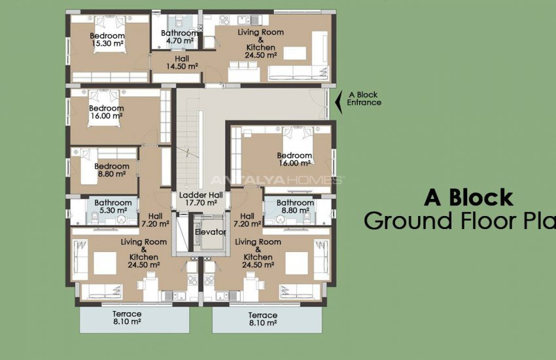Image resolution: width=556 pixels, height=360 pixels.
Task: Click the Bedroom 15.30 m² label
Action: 108,39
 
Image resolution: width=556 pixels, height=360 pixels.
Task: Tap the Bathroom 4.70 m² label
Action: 179,37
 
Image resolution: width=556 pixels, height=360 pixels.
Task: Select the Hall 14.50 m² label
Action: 181,62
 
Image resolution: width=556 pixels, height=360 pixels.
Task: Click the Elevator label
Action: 210,232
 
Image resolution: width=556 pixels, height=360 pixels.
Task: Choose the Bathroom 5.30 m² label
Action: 113,207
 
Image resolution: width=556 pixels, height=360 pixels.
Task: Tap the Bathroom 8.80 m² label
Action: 295,207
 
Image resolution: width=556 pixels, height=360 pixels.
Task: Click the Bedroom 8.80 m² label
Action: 112,171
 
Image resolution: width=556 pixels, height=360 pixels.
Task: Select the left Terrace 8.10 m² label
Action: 127,318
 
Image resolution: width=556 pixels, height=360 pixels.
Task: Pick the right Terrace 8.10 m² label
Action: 262,319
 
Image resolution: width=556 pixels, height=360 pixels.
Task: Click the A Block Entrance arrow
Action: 338,101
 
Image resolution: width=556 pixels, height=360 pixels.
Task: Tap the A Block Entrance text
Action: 364,99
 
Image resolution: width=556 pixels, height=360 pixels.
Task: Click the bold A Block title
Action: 468,197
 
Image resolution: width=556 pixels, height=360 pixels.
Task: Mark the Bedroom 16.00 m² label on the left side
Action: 106,112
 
